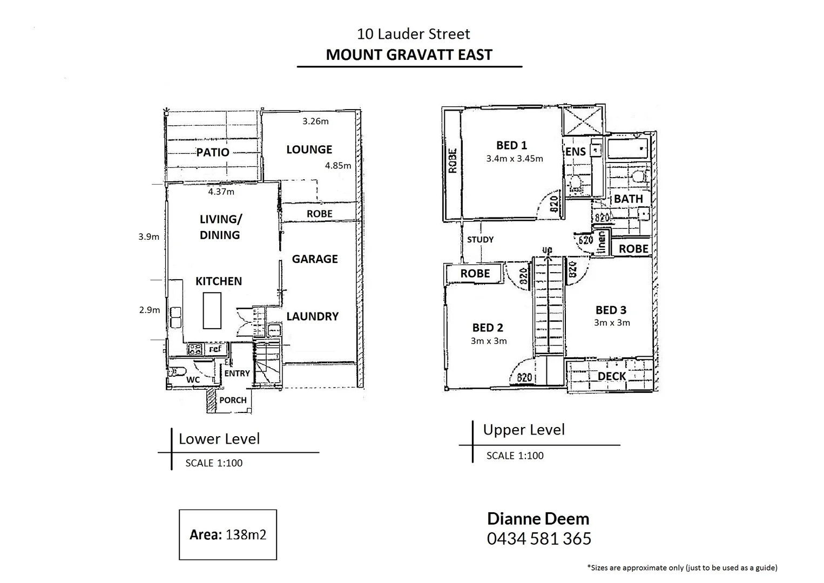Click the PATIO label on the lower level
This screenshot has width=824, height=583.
pos(213,152)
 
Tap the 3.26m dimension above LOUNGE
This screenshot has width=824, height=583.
pos(315,121)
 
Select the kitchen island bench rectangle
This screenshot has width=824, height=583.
pos(212,310)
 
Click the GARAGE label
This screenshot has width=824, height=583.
pos(315,259)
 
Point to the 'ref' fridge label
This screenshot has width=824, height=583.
pos(215,349)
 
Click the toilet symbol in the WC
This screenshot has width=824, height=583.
pos(178,371)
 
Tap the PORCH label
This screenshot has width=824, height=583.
pos(233,400)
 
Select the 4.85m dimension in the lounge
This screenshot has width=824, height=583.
pos(338,166)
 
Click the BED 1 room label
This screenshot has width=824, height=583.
pos(511,145)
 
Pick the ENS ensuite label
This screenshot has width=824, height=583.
pos(576,152)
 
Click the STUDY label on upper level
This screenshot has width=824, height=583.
pos(480,239)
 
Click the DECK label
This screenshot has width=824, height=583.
pos(612,376)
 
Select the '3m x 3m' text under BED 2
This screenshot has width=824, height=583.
pos(489,341)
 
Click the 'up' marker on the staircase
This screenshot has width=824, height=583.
pos(547,250)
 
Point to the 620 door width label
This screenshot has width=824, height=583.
pos(585,240)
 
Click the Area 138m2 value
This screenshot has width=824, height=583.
pos(246,534)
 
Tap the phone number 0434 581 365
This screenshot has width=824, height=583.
pos(539,538)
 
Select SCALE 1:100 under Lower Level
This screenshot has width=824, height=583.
pos(214,463)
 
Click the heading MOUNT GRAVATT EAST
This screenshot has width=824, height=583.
pos(409,55)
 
